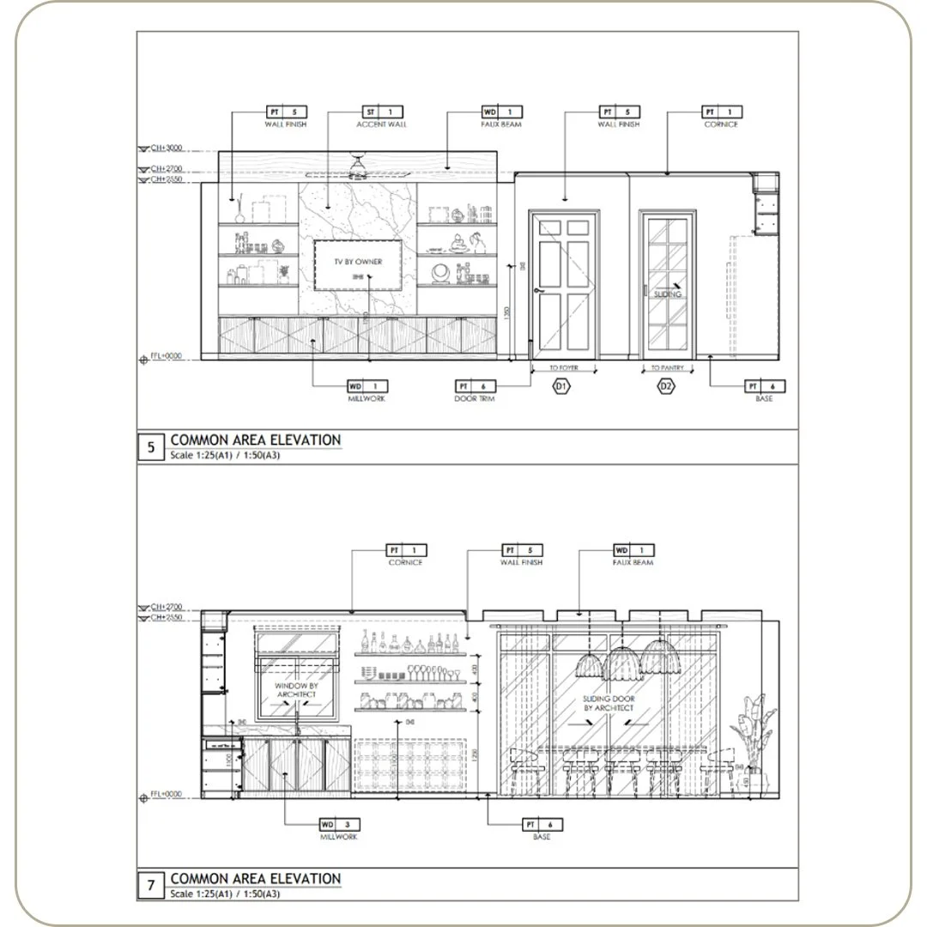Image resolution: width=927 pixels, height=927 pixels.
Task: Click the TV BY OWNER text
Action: (x=358, y=261)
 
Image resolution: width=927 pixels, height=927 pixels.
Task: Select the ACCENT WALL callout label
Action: (x=381, y=124)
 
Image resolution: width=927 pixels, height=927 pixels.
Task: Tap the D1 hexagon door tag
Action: (x=560, y=387)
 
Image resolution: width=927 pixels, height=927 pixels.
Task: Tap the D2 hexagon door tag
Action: (x=666, y=387)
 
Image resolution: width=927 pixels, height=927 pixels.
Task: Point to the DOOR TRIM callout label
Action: (x=475, y=398)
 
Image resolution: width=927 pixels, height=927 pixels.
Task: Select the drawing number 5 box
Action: (x=151, y=446)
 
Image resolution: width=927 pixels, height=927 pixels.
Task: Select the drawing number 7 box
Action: (x=151, y=885)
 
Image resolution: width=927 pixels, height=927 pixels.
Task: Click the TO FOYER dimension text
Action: (x=562, y=367)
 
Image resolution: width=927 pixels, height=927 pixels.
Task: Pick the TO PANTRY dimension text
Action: (x=667, y=367)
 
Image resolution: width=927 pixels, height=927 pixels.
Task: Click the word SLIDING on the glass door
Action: (x=667, y=294)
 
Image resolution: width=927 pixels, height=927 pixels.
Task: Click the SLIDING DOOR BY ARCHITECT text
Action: (x=609, y=704)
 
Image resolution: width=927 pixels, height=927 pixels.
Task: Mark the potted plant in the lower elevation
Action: (x=752, y=738)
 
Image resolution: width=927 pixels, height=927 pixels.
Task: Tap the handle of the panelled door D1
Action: (x=538, y=291)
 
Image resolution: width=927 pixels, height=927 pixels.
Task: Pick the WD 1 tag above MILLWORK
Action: (x=367, y=386)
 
